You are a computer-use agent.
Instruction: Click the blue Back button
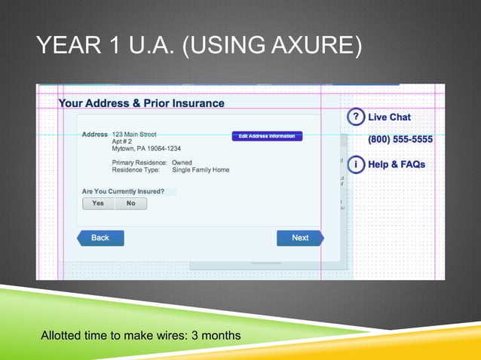coord(100,238)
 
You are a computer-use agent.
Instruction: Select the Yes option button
coord(98,203)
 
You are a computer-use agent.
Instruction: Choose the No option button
coord(131,203)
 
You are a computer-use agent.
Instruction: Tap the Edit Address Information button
coord(267,136)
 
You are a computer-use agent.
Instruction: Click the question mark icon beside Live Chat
coord(355,117)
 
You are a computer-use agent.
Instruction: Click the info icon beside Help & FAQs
coord(355,164)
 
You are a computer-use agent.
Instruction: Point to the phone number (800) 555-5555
coord(400,139)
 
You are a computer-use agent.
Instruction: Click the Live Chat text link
coord(389,117)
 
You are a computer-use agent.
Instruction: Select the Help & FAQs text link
coord(397,164)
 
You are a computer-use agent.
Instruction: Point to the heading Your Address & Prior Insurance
coord(142,103)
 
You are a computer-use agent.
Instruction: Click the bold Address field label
coord(95,134)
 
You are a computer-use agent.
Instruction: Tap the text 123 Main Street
coord(134,134)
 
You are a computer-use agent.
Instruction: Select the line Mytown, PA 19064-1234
coord(146,148)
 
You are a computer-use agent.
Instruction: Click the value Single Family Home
coord(201,170)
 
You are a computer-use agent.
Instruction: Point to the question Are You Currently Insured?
coord(123,191)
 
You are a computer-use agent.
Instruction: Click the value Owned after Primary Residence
coord(182,163)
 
